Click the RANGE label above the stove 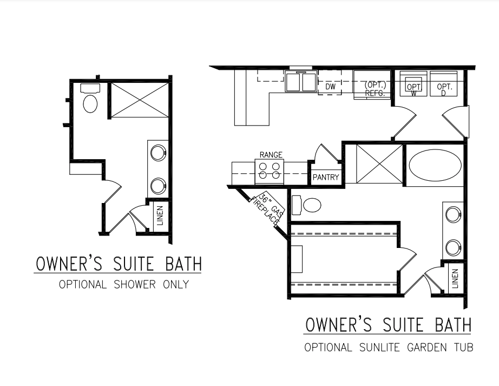click(271, 155)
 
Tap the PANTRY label click(326, 177)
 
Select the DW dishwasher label click(330, 86)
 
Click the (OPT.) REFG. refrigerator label click(375, 89)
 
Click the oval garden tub click(435, 166)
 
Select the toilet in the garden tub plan click(306, 205)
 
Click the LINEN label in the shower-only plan click(160, 215)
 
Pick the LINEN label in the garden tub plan click(455, 278)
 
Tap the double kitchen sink click(301, 82)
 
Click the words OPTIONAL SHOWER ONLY click(124, 284)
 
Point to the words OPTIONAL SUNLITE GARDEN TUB click(389, 347)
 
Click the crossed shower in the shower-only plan click(140, 100)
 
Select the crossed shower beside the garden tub click(379, 164)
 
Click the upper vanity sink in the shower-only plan click(158, 153)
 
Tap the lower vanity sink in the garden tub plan click(454, 247)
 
